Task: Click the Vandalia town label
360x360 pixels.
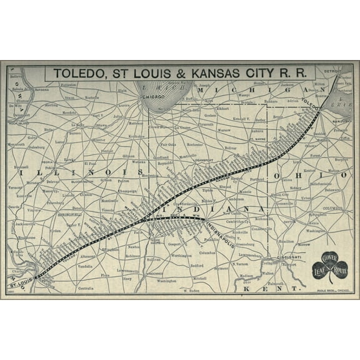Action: [85, 266]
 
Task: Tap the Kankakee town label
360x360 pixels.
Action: [136, 135]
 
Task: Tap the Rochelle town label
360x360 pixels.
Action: [92, 97]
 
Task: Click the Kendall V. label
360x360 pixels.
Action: [241, 119]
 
